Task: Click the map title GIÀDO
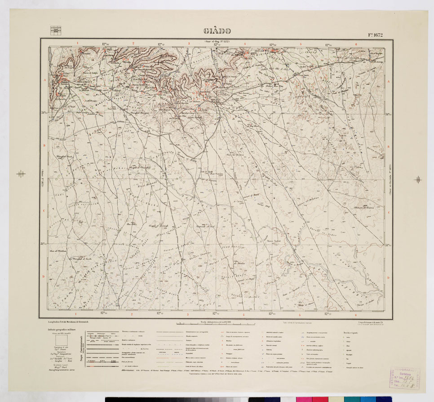[x=217, y=31]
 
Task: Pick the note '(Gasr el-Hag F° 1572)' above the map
[x=217, y=41]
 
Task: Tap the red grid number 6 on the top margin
[x=355, y=44]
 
